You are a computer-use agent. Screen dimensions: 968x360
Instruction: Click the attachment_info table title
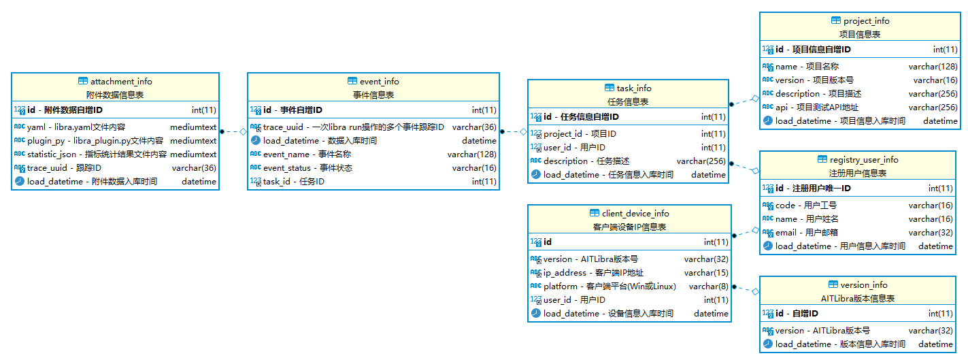[121, 81]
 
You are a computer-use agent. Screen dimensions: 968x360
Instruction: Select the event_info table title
[380, 81]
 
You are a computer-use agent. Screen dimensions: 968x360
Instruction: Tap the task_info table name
[634, 88]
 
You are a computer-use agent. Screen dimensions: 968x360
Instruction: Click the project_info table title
[867, 20]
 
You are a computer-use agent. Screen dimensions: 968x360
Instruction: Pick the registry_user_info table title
[864, 160]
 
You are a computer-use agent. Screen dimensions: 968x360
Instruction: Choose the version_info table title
[864, 285]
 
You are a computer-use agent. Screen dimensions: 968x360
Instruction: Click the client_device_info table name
[635, 214]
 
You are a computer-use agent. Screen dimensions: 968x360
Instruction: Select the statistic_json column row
[115, 154]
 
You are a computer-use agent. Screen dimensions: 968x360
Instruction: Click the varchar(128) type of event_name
[471, 154]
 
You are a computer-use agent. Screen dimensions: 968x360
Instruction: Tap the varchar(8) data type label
[708, 287]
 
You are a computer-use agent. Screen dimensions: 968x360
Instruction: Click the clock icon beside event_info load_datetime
[256, 140]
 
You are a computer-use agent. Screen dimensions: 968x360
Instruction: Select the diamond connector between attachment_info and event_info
[244, 131]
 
